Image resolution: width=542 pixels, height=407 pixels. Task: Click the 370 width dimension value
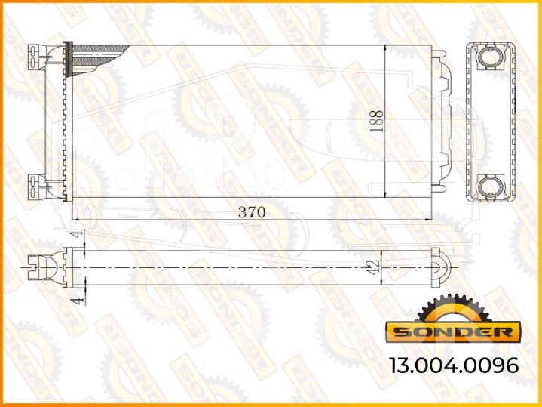252,212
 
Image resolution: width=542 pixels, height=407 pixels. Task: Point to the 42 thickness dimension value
373,267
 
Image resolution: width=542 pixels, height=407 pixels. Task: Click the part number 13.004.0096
454,365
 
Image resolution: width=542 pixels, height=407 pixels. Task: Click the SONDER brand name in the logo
453,332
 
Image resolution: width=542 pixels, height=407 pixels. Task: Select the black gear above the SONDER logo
453,309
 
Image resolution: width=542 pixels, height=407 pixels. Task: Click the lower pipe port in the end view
491,187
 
